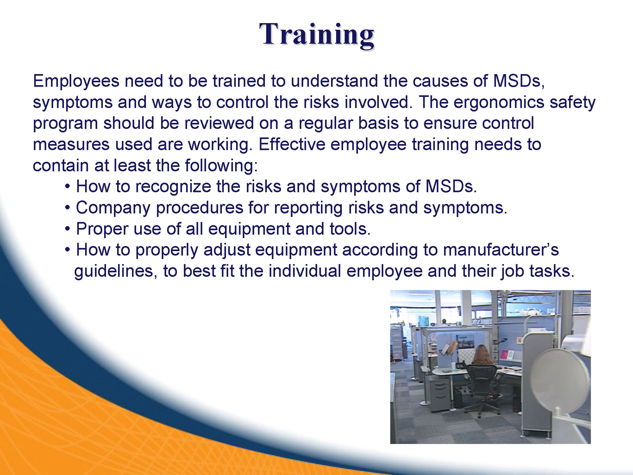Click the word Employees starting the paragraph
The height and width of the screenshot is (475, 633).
pyautogui.click(x=76, y=81)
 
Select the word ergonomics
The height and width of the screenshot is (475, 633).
pyautogui.click(x=499, y=103)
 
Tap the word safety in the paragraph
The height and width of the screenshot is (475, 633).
pyautogui.click(x=573, y=103)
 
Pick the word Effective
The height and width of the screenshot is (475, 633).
pyautogui.click(x=292, y=144)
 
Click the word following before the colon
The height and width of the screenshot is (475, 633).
pyautogui.click(x=221, y=166)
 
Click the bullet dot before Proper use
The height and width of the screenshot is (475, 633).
pyautogui.click(x=67, y=229)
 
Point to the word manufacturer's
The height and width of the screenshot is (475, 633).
pyautogui.click(x=501, y=250)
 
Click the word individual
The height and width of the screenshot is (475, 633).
pyautogui.click(x=305, y=271)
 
